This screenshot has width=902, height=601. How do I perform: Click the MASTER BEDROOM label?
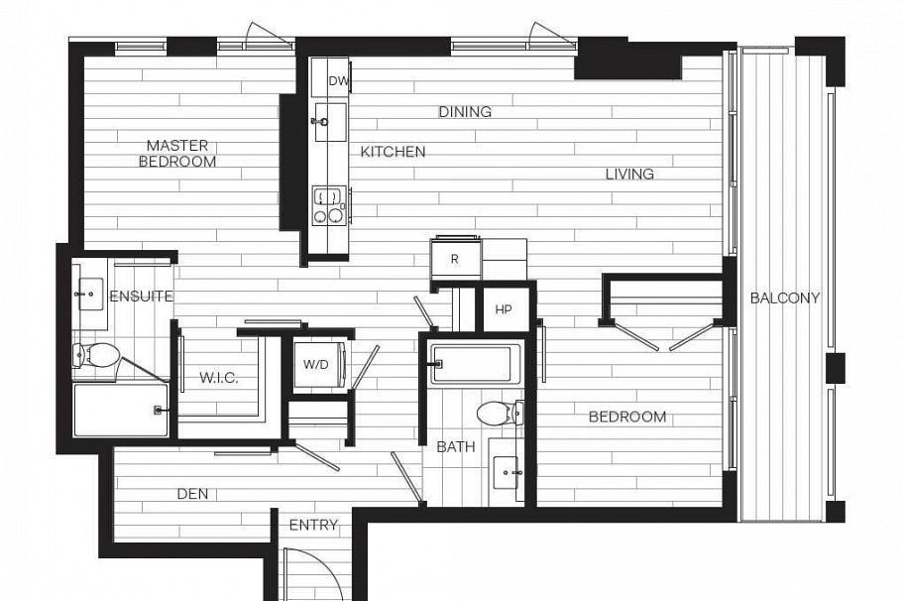[176, 154]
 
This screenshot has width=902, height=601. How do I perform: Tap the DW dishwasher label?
[338, 82]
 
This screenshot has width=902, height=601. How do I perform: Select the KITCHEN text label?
[393, 152]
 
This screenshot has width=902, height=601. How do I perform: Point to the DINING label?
[465, 112]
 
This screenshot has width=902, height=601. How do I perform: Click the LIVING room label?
[629, 174]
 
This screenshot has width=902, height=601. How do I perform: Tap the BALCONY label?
[785, 298]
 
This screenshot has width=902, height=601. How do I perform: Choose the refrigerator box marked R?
[455, 259]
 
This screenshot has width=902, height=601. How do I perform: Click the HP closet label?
[504, 309]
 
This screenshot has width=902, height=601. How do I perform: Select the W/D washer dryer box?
[317, 365]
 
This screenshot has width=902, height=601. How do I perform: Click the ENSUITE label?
[142, 296]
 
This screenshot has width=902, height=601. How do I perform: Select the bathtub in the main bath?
[472, 365]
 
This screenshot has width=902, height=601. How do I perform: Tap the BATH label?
[456, 447]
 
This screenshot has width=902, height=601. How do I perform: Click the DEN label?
[192, 494]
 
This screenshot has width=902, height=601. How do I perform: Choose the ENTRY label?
[313, 525]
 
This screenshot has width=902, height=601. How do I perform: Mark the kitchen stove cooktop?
[328, 204]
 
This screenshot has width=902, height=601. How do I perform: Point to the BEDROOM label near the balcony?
[627, 417]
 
